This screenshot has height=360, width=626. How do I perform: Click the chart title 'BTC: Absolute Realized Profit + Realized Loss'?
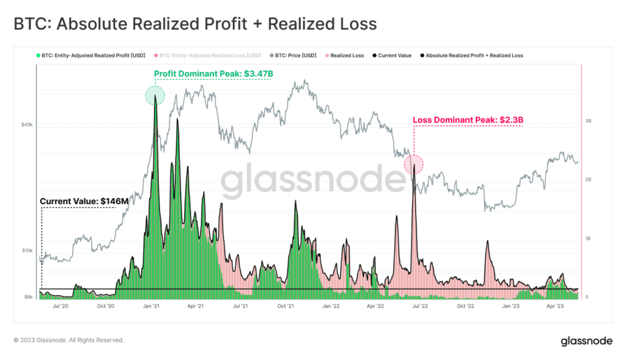click(x=195, y=24)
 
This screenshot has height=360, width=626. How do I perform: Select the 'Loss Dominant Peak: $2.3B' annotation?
click(x=468, y=120)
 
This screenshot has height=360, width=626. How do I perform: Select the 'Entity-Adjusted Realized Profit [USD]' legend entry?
click(x=88, y=56)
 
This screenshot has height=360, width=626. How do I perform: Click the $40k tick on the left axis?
click(x=27, y=125)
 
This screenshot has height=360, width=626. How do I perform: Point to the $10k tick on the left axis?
click(x=27, y=251)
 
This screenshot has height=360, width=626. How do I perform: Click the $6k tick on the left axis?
click(x=28, y=297)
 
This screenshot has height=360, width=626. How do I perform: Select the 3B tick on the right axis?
click(x=588, y=122)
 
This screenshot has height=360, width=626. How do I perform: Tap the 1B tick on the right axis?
click(x=588, y=238)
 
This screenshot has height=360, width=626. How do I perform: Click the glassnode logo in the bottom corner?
click(x=587, y=341)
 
